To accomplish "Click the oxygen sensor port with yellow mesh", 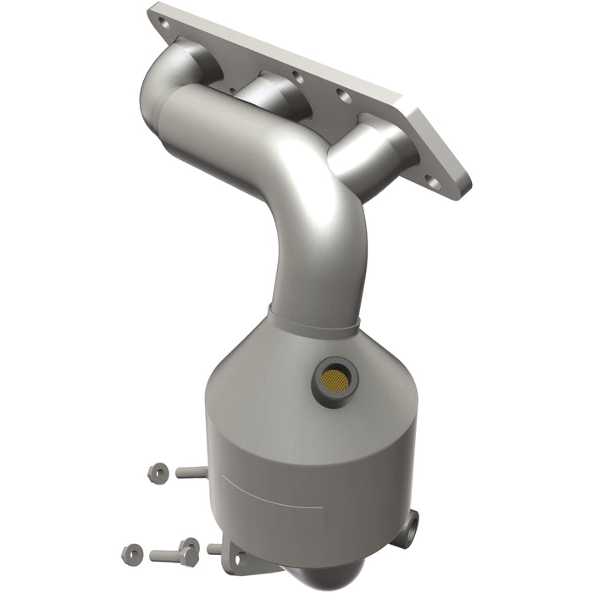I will click(x=331, y=373).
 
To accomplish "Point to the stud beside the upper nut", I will click(x=192, y=471).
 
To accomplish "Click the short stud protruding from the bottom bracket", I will click(x=214, y=548).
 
